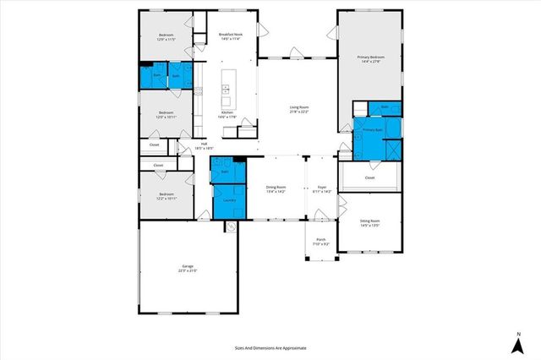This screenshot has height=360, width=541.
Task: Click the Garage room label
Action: [x=188, y=269]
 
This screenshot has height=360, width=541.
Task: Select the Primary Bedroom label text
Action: [x=370, y=60]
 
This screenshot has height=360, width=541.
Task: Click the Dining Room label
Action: [x=276, y=190]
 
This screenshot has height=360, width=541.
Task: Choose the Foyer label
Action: [x=322, y=190]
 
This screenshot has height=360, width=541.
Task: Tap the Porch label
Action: [x=321, y=242]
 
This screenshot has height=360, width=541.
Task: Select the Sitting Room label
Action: [x=370, y=224]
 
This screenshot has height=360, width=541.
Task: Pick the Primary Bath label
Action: [x=373, y=131]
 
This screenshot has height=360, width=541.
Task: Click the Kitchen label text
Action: [x=227, y=114]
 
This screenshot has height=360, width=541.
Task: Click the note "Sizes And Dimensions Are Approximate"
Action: [x=270, y=347]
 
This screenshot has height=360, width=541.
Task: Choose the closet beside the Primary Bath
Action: [x=369, y=178]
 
